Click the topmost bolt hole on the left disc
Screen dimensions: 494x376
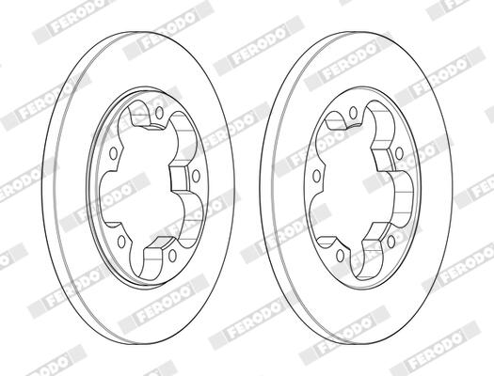click(159, 113)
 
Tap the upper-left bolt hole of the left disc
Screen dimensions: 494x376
click(113, 153)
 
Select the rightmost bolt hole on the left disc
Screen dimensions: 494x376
click(196, 176)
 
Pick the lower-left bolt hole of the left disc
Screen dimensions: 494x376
click(121, 242)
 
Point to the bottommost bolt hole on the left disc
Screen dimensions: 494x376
click(172, 256)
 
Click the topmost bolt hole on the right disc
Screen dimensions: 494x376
click(354, 111)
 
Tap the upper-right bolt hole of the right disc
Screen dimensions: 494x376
click(399, 153)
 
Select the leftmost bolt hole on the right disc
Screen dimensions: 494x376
click(316, 176)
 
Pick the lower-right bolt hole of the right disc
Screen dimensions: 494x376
click(391, 242)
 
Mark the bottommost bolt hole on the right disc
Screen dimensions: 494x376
click(340, 256)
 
